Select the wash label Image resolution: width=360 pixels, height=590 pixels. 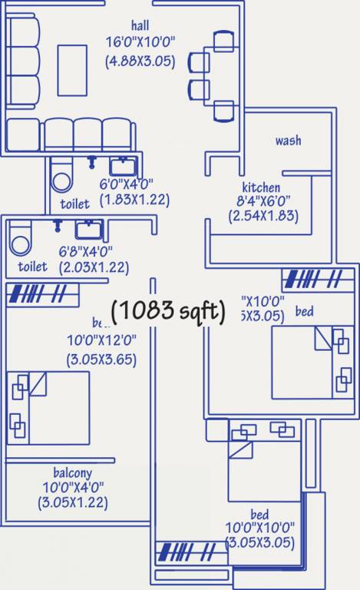[x=288, y=141]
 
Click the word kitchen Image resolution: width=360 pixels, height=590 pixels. [x=261, y=187]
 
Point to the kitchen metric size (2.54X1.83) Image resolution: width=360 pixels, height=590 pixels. [x=262, y=216]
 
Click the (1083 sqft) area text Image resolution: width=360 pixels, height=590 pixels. [x=169, y=310]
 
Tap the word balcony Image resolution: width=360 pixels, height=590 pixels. [x=72, y=472]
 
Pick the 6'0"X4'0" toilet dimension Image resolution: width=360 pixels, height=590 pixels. [x=127, y=184]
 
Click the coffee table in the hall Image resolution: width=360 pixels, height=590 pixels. [x=72, y=69]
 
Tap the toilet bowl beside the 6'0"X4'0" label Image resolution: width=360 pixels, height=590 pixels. [x=61, y=179]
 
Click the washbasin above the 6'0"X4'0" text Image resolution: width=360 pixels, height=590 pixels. [x=122, y=165]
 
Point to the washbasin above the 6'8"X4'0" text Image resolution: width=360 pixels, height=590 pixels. [x=88, y=228]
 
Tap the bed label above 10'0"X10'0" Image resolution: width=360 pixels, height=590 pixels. [x=259, y=514]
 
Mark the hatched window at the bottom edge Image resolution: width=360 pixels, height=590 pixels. [x=187, y=552]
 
